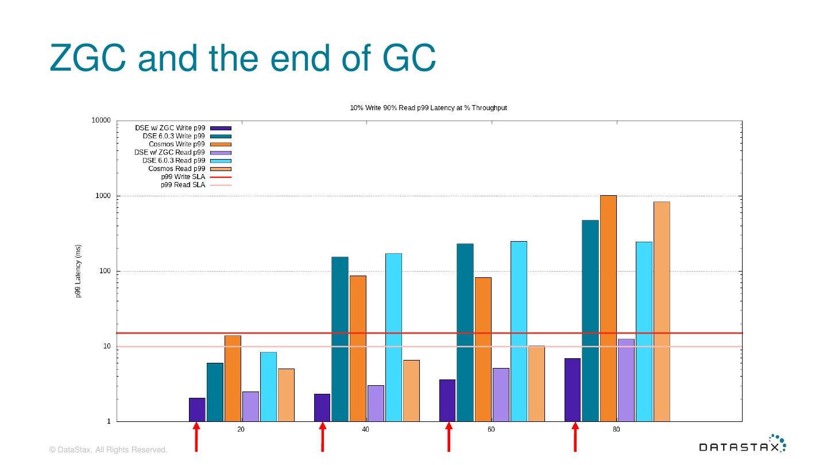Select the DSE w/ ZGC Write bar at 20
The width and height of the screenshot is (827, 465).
point(197,409)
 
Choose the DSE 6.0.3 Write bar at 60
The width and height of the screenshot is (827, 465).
point(465,332)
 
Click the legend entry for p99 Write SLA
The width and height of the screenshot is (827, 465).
point(183,177)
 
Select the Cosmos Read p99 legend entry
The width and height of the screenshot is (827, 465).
point(177,169)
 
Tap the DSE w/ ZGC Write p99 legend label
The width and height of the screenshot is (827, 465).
point(170,128)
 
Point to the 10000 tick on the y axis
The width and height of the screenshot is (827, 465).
point(101,121)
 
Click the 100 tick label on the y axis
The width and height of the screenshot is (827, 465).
point(105,271)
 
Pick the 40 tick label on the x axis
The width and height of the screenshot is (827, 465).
point(366,430)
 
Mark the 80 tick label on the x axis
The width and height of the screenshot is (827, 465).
point(616,430)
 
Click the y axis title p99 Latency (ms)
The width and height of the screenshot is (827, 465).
point(78,271)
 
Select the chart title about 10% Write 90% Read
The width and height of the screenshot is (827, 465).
point(428,108)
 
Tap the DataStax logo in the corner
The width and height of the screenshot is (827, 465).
point(742,445)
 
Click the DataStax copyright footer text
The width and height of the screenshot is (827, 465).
point(109,450)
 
